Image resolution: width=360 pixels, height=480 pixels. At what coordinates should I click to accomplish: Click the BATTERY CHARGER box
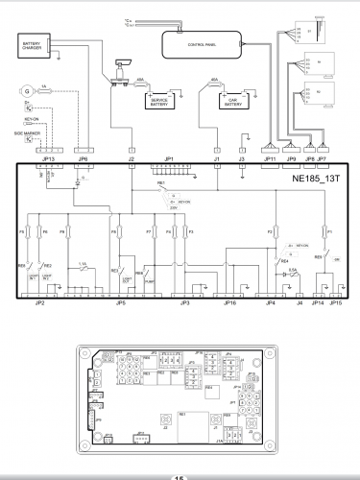pyautogui.click(x=36, y=44)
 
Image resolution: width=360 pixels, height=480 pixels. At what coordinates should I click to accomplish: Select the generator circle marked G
pyautogui.click(x=27, y=91)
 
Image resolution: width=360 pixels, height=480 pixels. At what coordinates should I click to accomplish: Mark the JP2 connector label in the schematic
pyautogui.click(x=40, y=302)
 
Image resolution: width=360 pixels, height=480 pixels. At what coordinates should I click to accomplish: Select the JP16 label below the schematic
pyautogui.click(x=228, y=302)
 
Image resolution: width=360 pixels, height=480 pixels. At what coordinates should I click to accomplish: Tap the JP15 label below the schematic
pyautogui.click(x=335, y=302)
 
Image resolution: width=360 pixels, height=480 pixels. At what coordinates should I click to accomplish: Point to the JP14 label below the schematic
pyautogui.click(x=318, y=302)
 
